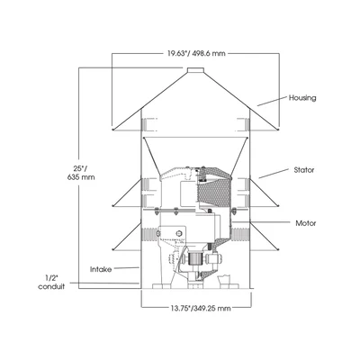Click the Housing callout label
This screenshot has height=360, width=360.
(x=302, y=98)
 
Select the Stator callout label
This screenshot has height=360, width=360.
(x=304, y=170)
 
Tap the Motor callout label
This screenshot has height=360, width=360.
(x=306, y=223)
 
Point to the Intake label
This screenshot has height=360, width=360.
(x=101, y=269)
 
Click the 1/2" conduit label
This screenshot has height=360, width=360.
(x=51, y=283)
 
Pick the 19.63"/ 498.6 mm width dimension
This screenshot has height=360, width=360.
(x=196, y=54)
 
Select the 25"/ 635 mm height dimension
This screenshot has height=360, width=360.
(x=81, y=173)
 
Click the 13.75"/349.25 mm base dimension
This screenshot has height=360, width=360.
(x=201, y=308)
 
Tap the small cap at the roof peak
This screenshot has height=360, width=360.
(x=195, y=70)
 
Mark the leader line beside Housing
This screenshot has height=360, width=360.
(x=272, y=101)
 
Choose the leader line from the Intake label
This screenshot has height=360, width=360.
(x=127, y=268)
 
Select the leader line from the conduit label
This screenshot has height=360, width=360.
(x=104, y=283)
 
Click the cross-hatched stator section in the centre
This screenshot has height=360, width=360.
(x=213, y=191)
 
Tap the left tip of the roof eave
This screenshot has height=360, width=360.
(x=112, y=130)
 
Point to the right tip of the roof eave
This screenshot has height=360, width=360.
(x=278, y=130)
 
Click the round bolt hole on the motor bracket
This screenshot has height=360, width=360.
(x=179, y=233)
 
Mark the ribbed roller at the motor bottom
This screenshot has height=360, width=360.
(x=194, y=258)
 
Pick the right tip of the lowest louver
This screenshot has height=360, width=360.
(x=278, y=249)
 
